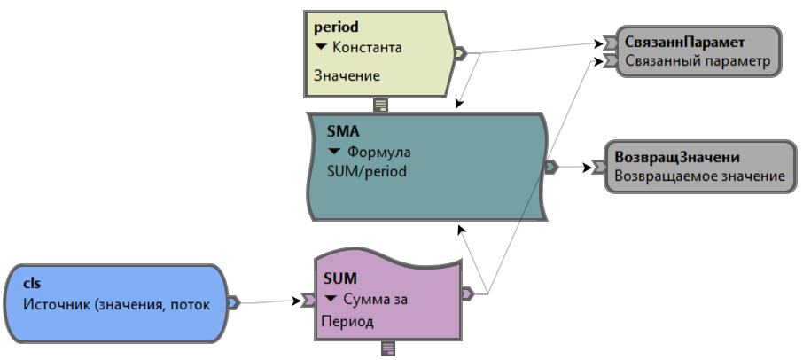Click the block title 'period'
(x=336, y=27)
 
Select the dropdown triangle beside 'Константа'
(x=321, y=47)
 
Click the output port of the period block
(x=458, y=53)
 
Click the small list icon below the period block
(x=380, y=105)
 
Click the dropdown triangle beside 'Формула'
(x=334, y=152)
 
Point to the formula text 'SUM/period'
(x=366, y=171)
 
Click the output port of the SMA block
(x=550, y=166)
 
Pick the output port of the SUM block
(x=468, y=293)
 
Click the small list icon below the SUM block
(x=387, y=348)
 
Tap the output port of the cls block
(x=233, y=303)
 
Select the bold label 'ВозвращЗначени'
(x=689, y=156)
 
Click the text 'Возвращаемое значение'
(x=699, y=176)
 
